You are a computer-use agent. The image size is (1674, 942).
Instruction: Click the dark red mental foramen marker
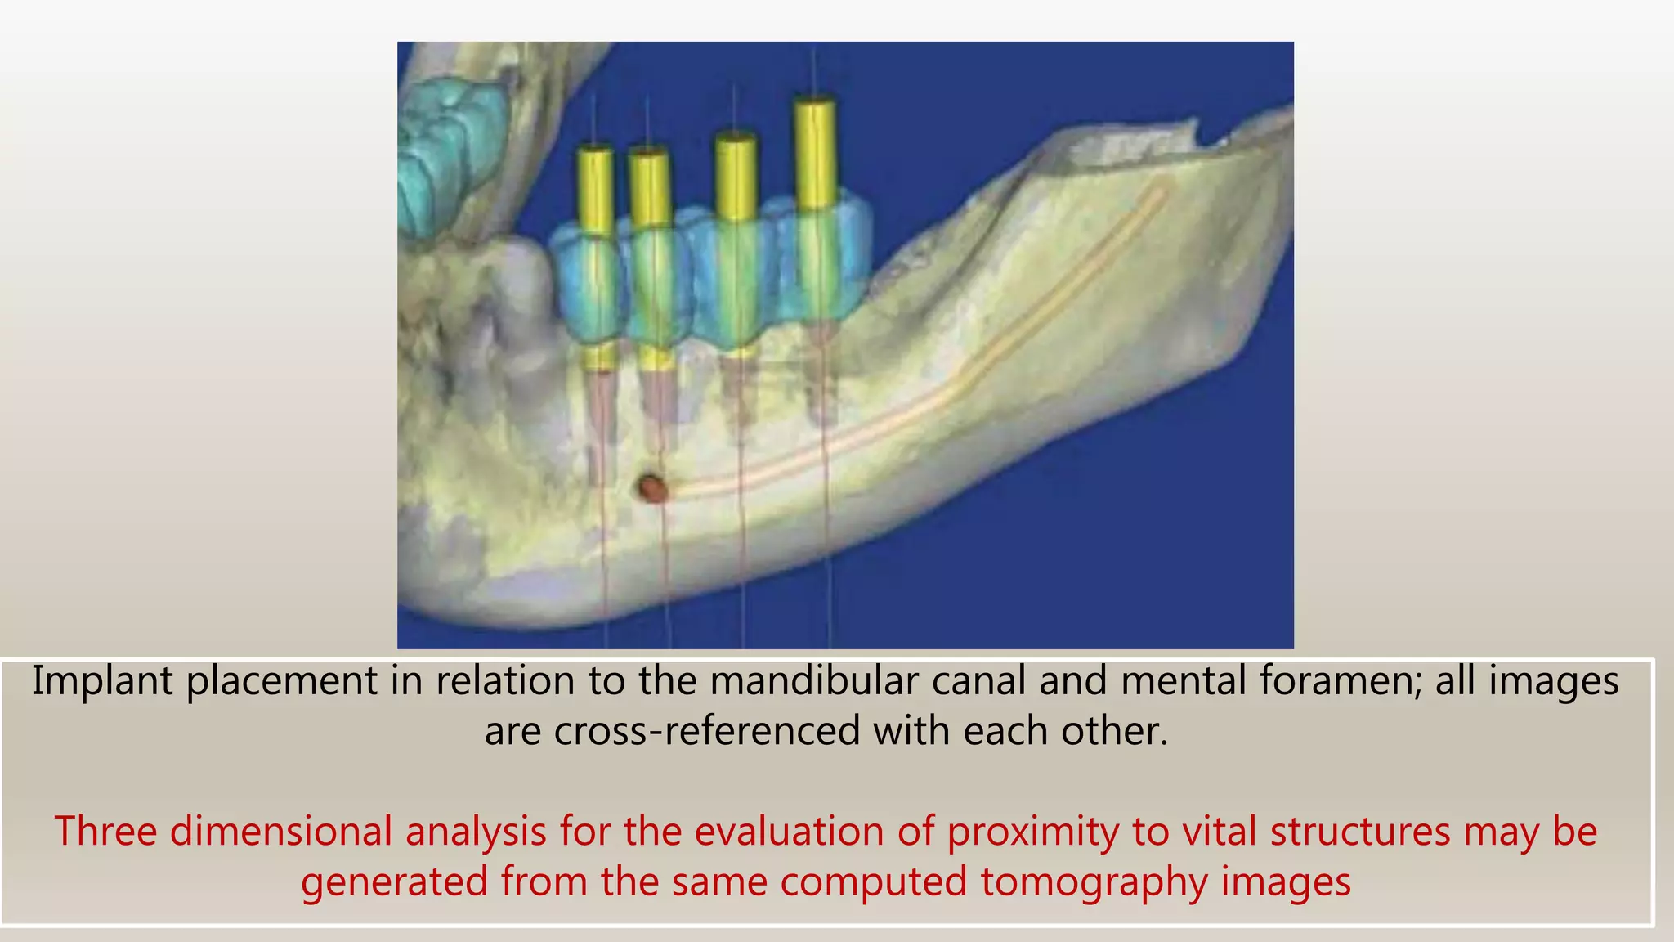pyautogui.click(x=652, y=489)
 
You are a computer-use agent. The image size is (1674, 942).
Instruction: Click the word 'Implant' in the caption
pyautogui.click(x=102, y=681)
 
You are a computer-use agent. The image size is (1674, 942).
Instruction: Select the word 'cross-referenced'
pyautogui.click(x=707, y=731)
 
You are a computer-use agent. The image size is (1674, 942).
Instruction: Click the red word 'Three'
pyautogui.click(x=105, y=832)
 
